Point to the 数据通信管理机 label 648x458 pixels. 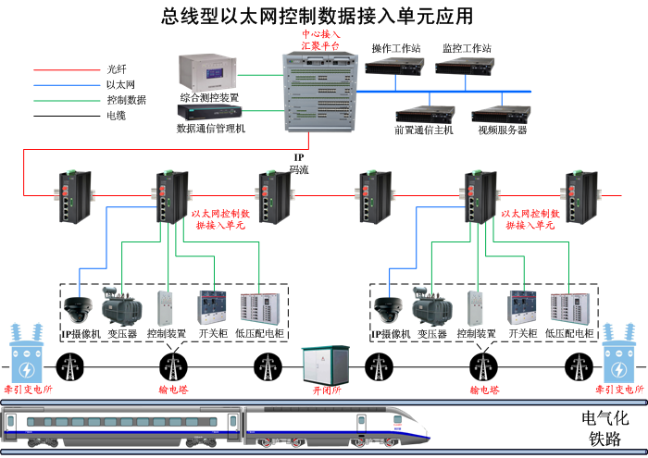[211, 129]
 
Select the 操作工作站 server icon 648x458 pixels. [395, 67]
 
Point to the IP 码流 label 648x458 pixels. [299, 163]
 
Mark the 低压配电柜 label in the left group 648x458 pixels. [260, 333]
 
